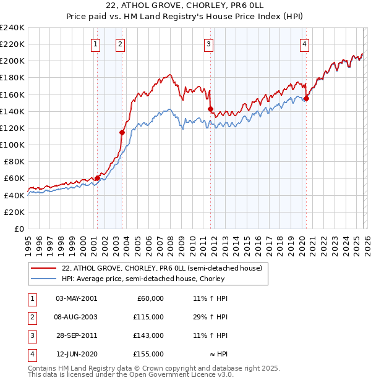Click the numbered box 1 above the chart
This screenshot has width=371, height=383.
pyautogui.click(x=96, y=44)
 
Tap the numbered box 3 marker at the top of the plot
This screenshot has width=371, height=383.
pyautogui.click(x=209, y=44)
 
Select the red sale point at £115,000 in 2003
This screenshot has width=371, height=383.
pyautogui.click(x=122, y=132)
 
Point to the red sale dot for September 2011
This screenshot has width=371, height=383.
pyautogui.click(x=211, y=109)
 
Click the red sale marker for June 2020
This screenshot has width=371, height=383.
pyautogui.click(x=306, y=98)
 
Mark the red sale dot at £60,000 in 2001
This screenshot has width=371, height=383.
pyautogui.click(x=97, y=178)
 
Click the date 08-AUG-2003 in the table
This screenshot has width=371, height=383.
pyautogui.click(x=76, y=316)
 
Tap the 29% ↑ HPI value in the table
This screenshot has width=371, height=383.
pyautogui.click(x=210, y=316)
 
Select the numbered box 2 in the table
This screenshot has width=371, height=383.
pyautogui.click(x=31, y=316)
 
